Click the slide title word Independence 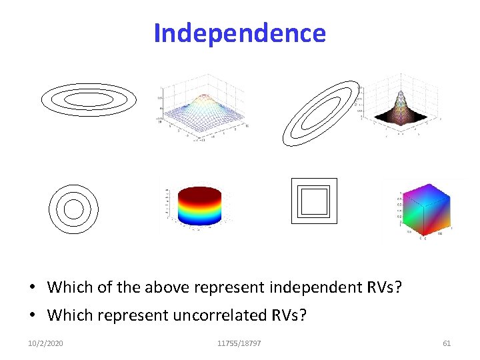coord(239,33)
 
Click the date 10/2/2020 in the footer coord(46,343)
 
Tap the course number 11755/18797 coord(239,343)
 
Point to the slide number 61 coord(447,343)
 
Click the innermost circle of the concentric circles coord(73,209)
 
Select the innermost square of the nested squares coord(314,201)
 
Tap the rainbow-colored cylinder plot coord(199,207)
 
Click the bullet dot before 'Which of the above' coord(32,288)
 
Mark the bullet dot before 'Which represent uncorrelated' coord(32,315)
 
